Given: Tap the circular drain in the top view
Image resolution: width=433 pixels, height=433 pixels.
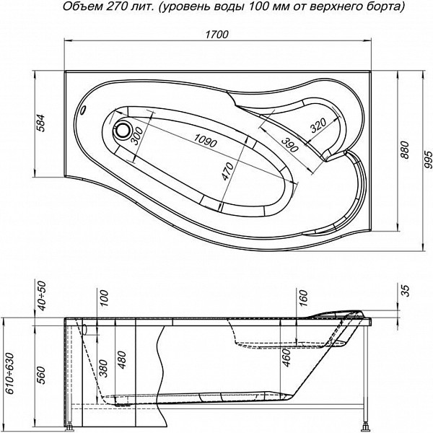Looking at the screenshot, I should point(122,131).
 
